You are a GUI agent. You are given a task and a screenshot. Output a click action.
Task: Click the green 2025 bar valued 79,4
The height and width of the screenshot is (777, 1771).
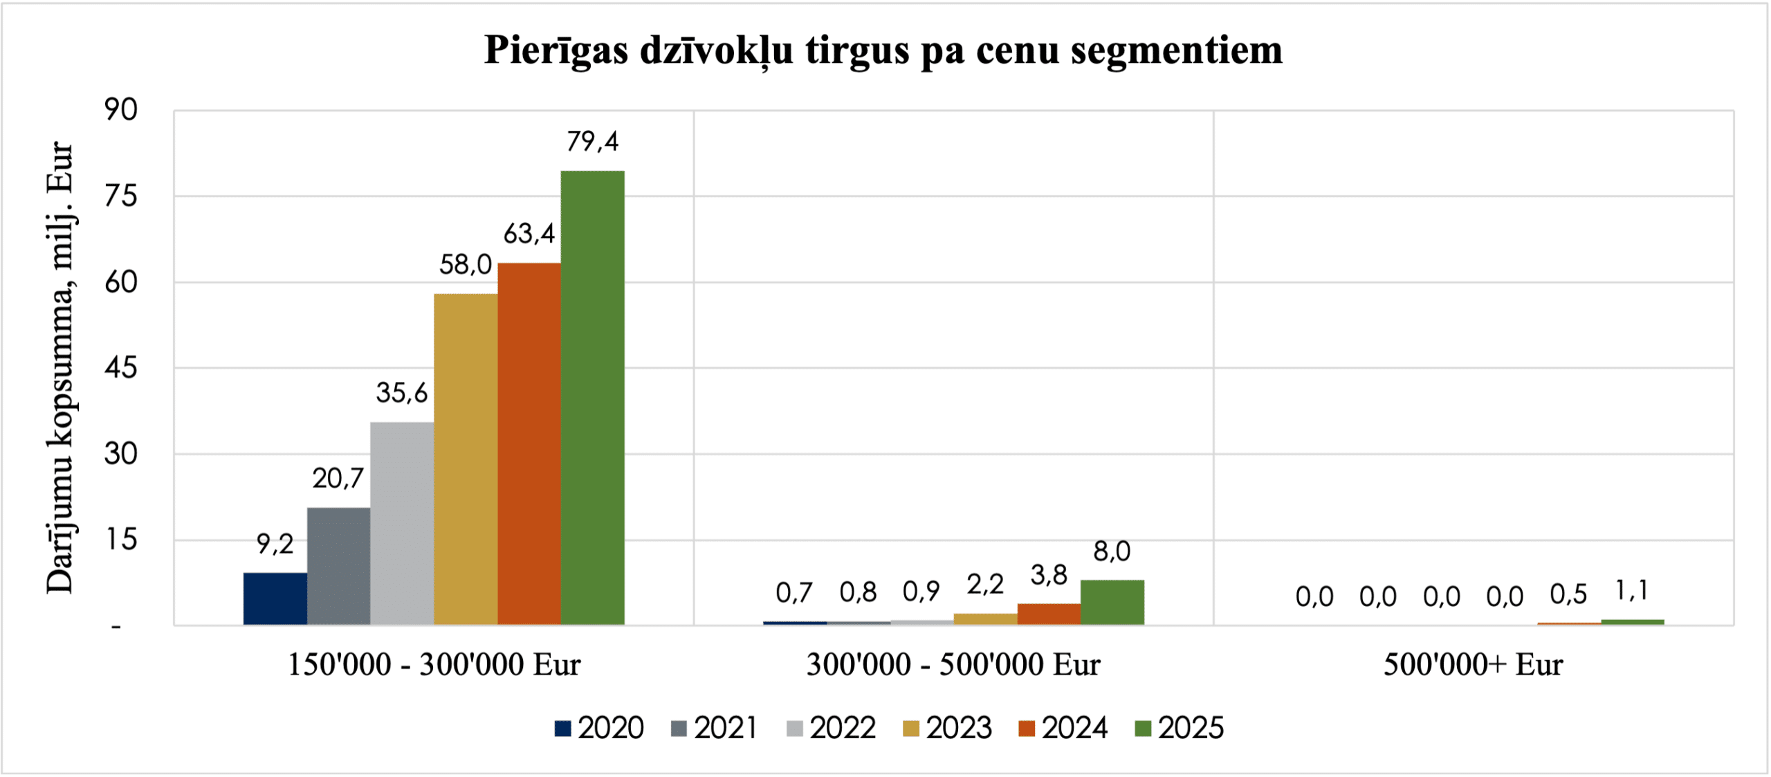coord(592,398)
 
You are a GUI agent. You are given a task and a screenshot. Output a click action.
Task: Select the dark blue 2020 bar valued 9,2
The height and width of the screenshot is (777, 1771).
coord(275,598)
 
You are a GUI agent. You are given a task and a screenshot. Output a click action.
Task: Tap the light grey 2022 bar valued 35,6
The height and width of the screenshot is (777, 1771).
coord(402,523)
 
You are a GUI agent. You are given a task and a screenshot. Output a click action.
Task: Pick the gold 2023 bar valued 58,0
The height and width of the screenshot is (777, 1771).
coord(466,459)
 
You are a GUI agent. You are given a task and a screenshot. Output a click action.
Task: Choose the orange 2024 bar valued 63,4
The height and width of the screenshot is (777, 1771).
coord(529,444)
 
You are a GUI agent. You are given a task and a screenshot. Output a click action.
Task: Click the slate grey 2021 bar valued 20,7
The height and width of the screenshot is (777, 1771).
coord(338,566)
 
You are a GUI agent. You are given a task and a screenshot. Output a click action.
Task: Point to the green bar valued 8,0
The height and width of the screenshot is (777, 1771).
coord(1112,602)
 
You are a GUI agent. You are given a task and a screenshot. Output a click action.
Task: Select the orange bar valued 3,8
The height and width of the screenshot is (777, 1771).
coord(1049,614)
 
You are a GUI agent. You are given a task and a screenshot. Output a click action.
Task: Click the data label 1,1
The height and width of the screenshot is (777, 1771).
coord(1632,591)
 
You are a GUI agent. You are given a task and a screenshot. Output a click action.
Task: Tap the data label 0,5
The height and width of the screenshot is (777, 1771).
coord(1568,594)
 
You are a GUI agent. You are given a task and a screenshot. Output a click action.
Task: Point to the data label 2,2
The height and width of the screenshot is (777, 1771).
coord(985,585)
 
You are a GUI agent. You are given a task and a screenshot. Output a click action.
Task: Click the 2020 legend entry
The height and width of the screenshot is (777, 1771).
coord(599,728)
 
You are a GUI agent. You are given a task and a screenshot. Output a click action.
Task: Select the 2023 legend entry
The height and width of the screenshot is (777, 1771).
coord(948,728)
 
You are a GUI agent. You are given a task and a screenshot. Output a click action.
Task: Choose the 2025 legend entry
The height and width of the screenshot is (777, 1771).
coord(1180,728)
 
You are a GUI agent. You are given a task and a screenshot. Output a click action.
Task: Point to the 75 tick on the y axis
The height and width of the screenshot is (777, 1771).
coord(121,196)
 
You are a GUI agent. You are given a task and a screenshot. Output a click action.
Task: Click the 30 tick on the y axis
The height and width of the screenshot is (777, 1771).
coord(121,454)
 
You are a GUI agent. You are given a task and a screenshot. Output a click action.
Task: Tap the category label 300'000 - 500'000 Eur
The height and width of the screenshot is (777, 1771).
coord(953,665)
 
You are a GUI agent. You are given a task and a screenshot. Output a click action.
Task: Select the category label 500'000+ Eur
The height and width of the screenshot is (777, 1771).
coord(1473,665)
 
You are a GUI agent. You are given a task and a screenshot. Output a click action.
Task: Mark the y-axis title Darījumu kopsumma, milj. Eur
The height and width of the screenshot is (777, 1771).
coord(59,367)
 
